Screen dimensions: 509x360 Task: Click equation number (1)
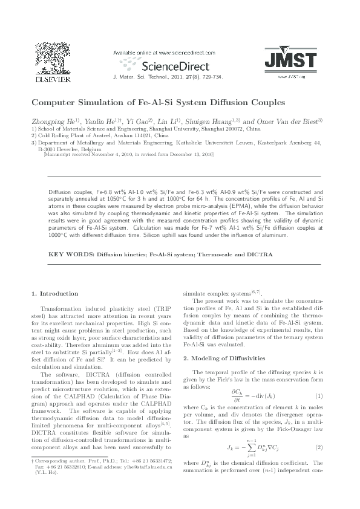pyautogui.click(x=318, y=395)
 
